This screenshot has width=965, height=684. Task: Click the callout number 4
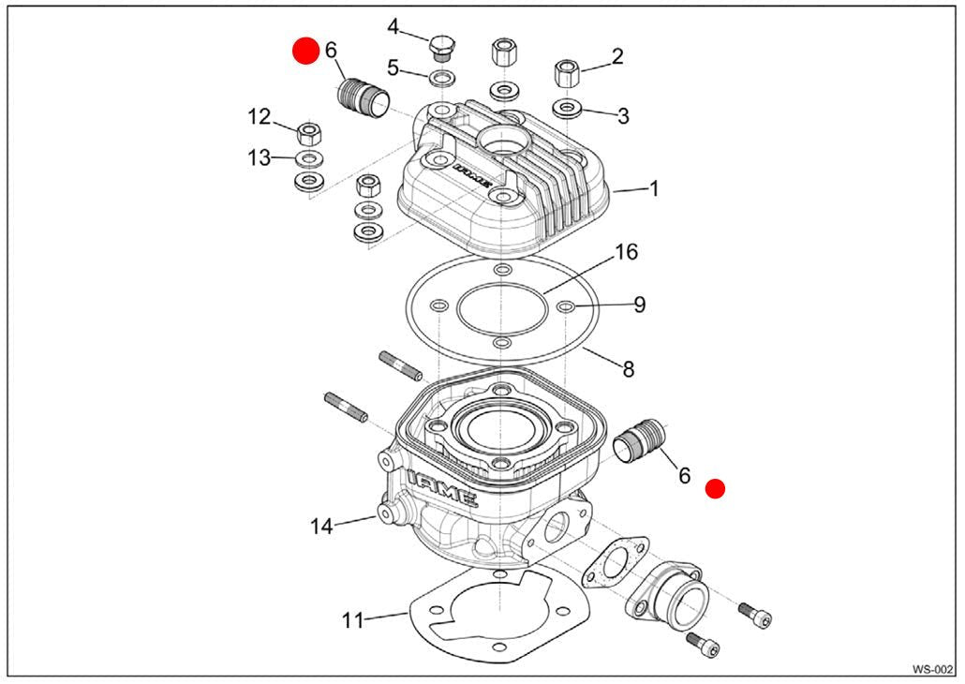click(393, 26)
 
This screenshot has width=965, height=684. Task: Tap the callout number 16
click(626, 252)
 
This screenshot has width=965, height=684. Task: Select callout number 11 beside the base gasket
click(352, 619)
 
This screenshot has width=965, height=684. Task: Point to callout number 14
click(321, 527)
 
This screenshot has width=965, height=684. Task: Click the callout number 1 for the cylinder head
click(654, 188)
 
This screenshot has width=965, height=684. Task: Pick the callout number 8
click(628, 369)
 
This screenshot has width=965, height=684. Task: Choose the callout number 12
click(259, 117)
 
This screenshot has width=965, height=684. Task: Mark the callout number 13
click(259, 157)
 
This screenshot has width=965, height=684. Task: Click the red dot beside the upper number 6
click(305, 51)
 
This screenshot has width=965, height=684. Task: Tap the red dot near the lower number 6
click(716, 488)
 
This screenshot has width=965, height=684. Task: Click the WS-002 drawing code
click(932, 669)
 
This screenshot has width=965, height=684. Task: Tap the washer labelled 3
click(567, 107)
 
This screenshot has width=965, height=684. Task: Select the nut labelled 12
click(308, 131)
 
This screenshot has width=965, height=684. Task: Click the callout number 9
click(639, 305)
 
